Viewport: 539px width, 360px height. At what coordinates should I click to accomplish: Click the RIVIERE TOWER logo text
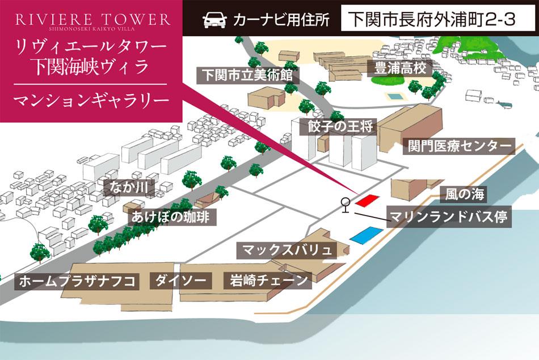92,19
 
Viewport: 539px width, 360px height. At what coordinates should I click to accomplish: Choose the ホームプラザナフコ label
78,281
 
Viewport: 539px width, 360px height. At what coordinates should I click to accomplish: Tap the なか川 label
133,186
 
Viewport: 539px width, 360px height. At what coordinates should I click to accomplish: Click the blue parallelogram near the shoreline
366,235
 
